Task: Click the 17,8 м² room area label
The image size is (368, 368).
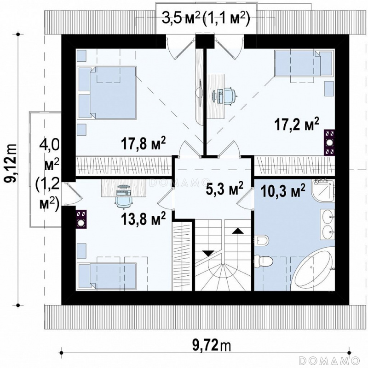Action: (x=144, y=143)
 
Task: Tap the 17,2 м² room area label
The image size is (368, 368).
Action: (x=297, y=125)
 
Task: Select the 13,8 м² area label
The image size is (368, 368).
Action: (x=144, y=218)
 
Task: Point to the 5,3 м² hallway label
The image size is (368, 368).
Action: (x=224, y=188)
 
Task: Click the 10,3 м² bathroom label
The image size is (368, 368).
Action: (x=283, y=190)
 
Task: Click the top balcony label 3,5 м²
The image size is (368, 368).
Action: (x=181, y=18)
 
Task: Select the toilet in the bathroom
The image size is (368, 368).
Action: (x=264, y=261)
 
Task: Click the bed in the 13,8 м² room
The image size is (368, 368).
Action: (x=107, y=276)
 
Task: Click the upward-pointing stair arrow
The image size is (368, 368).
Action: (x=237, y=231)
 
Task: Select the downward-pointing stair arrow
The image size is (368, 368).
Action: (x=208, y=254)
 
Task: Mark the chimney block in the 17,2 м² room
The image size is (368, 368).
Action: (x=329, y=142)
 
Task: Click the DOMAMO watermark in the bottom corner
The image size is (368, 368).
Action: (x=329, y=360)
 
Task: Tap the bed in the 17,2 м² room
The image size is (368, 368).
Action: (x=304, y=64)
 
